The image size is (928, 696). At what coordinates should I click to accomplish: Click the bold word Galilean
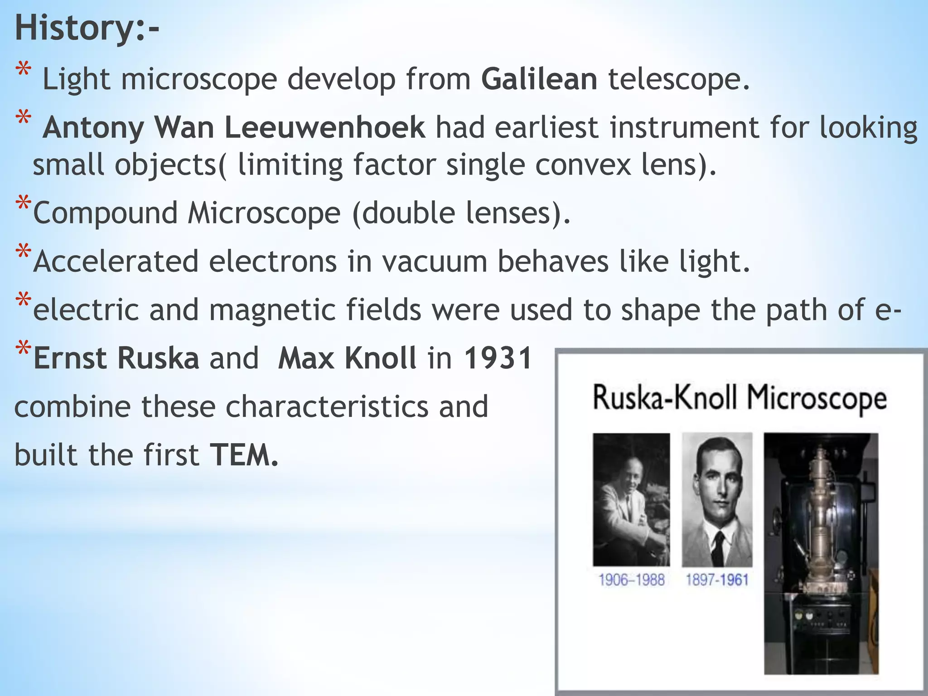(x=539, y=79)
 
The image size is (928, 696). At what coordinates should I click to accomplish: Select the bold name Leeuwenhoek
(x=324, y=128)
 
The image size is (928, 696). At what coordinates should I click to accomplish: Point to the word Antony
(x=93, y=128)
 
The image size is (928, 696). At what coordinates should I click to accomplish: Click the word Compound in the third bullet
(x=105, y=213)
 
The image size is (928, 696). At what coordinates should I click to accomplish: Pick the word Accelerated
(x=116, y=262)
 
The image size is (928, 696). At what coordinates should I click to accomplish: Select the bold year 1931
(x=498, y=358)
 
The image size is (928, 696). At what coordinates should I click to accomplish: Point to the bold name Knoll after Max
(x=380, y=358)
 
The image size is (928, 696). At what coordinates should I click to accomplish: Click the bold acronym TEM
(x=243, y=455)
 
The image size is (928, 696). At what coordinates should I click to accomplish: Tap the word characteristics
(x=327, y=406)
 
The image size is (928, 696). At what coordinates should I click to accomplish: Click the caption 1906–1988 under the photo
(x=631, y=580)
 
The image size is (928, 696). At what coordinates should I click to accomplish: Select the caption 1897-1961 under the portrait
(x=717, y=580)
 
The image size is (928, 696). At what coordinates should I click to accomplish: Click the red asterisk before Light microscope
(x=23, y=72)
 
